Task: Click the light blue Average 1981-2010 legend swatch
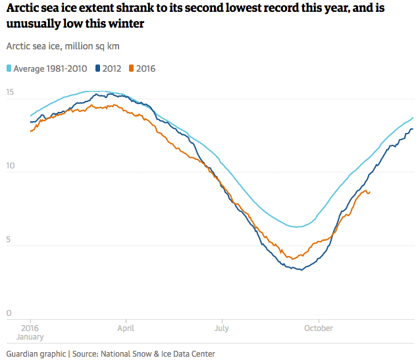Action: (x=9, y=68)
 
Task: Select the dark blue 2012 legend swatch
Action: (x=98, y=68)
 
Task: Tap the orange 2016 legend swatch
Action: (x=132, y=68)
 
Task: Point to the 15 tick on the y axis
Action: (x=9, y=92)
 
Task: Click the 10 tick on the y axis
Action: (x=9, y=166)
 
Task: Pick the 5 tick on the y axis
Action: (x=9, y=240)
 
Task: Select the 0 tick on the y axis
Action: (x=9, y=313)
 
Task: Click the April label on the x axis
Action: (x=126, y=328)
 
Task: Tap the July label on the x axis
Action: (x=221, y=328)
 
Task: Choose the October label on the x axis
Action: (x=318, y=328)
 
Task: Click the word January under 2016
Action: (x=30, y=336)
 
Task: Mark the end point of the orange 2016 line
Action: (x=369, y=192)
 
